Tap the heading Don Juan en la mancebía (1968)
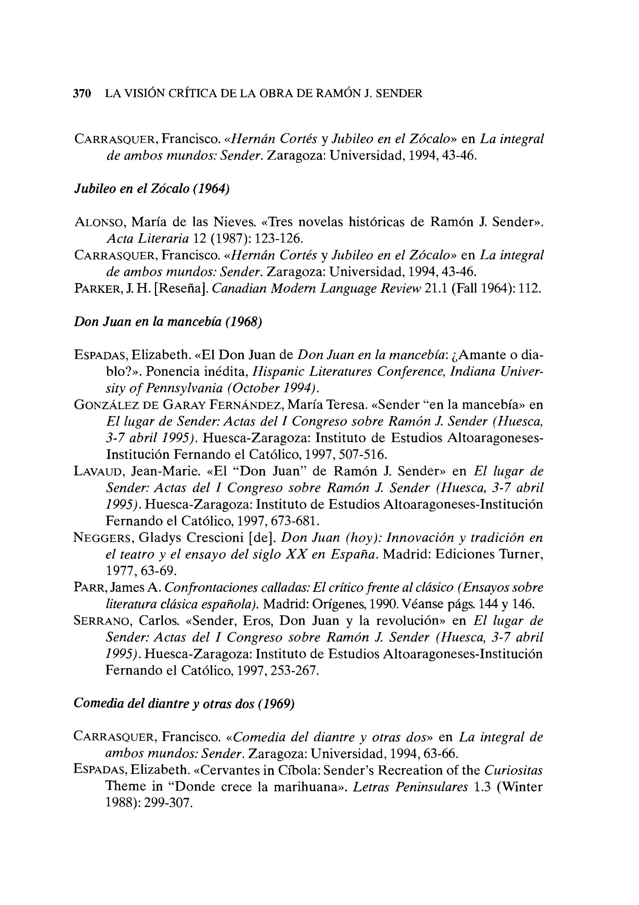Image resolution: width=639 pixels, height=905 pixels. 168,322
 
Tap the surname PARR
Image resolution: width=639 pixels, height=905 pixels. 89,588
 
